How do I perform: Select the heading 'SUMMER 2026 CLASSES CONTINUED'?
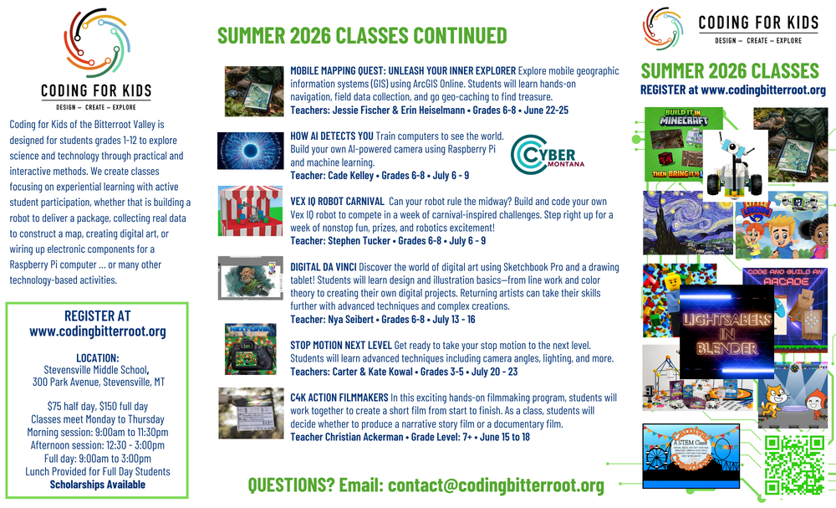(x=362, y=35)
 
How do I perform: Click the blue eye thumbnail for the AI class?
(x=250, y=151)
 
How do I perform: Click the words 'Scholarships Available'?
(x=97, y=484)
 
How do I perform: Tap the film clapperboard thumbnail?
(x=250, y=413)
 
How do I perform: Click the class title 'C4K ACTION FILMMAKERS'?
(x=339, y=398)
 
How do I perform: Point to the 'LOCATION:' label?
(x=97, y=357)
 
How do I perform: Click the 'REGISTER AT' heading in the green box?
(x=97, y=316)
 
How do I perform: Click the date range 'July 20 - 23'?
(x=495, y=372)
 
